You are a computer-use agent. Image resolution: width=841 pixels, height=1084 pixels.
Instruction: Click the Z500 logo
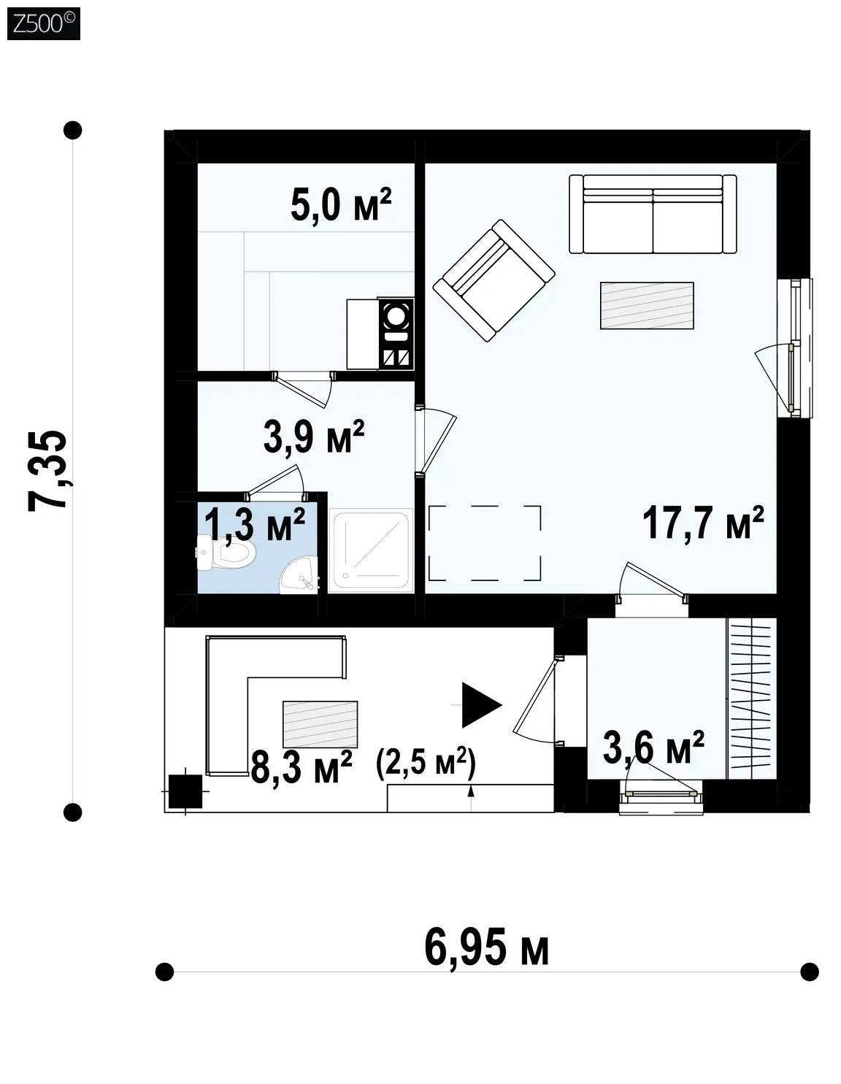pos(43,24)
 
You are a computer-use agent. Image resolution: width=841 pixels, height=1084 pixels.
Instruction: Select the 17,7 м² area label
pos(703,523)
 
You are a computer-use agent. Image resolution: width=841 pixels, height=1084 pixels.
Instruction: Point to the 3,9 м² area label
pos(314,437)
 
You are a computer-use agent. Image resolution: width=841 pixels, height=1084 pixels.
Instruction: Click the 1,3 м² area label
pos(254,525)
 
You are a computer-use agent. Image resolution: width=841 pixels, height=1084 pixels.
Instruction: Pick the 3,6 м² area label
pos(653,747)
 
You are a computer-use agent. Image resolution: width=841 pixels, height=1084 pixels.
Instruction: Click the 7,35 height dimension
pos(47,471)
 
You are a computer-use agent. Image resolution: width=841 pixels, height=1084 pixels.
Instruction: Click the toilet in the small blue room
pos(226,553)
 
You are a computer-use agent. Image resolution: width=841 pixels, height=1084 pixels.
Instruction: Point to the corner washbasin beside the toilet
pos(299,576)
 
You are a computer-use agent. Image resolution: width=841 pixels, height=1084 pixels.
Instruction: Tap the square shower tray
pos(371,551)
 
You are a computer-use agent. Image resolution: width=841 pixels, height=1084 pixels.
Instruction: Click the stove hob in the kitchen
pos(396,334)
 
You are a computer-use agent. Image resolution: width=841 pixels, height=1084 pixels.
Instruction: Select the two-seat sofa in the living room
pos(653,214)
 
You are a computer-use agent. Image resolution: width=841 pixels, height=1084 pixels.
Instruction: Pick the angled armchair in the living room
pos(494,280)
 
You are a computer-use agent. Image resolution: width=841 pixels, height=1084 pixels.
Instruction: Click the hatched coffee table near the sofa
pos(647,305)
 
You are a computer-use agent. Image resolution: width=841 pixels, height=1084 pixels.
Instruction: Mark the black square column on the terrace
pos(185,791)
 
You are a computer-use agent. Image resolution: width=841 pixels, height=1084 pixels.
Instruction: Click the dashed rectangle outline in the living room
pos(485,543)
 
